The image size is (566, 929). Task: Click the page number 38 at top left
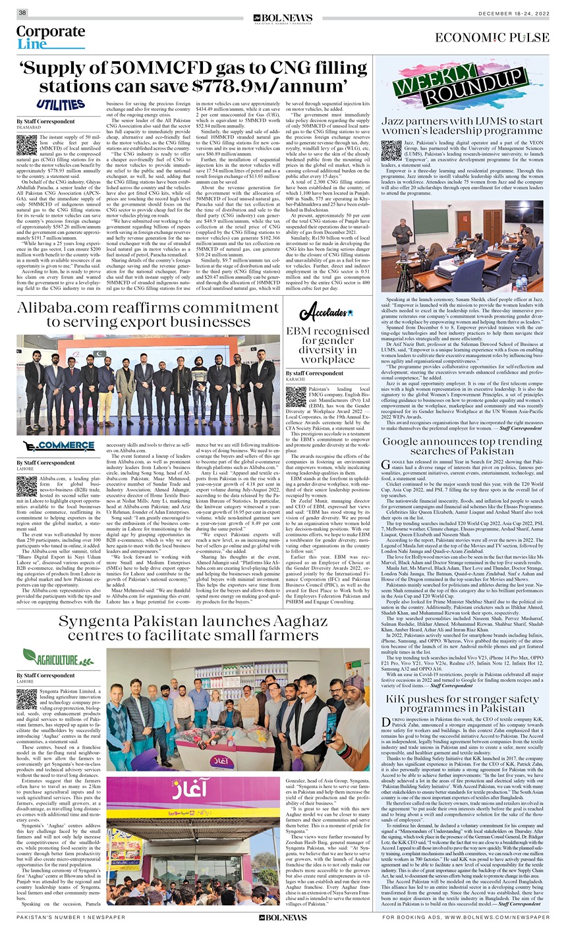pyautogui.click(x=22, y=13)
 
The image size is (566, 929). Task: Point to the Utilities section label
pyautogui.click(x=61, y=105)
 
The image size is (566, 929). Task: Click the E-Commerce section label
pyautogui.click(x=58, y=445)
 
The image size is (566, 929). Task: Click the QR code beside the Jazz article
pyautogui.click(x=389, y=150)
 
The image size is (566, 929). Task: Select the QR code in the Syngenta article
pyautogui.click(x=26, y=697)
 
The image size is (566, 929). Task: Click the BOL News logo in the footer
pyautogui.click(x=283, y=916)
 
